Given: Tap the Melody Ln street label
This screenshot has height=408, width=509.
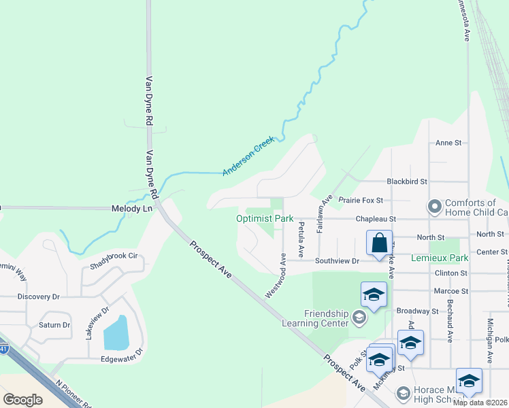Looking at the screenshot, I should (x=132, y=209).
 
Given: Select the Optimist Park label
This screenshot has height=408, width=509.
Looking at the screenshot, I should (x=264, y=219).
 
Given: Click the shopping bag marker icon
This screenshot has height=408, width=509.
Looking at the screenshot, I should (x=379, y=243).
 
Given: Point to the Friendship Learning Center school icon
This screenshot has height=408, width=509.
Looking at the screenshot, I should (x=359, y=318).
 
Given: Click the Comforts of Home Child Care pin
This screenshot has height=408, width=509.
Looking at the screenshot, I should (x=433, y=206).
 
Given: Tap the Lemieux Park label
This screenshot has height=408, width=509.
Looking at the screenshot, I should (x=440, y=258).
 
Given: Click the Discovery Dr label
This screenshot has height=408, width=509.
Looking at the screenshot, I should (x=39, y=296).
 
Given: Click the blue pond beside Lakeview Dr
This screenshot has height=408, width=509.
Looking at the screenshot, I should (x=118, y=333).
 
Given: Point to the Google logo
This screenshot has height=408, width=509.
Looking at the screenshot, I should (x=22, y=399).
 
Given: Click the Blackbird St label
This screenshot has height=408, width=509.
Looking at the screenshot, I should (x=406, y=182).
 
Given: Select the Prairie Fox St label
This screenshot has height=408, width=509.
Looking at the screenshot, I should (x=361, y=201).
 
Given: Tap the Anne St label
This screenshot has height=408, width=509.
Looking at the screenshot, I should (x=448, y=143).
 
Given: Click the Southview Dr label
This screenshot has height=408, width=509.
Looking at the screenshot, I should (x=336, y=260).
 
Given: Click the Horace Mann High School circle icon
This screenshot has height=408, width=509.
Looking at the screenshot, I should (x=403, y=393).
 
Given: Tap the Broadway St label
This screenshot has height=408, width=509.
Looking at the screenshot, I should (x=420, y=311).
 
